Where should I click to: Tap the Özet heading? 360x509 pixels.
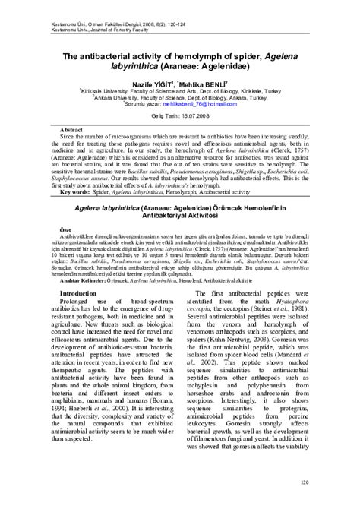point(44,229)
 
